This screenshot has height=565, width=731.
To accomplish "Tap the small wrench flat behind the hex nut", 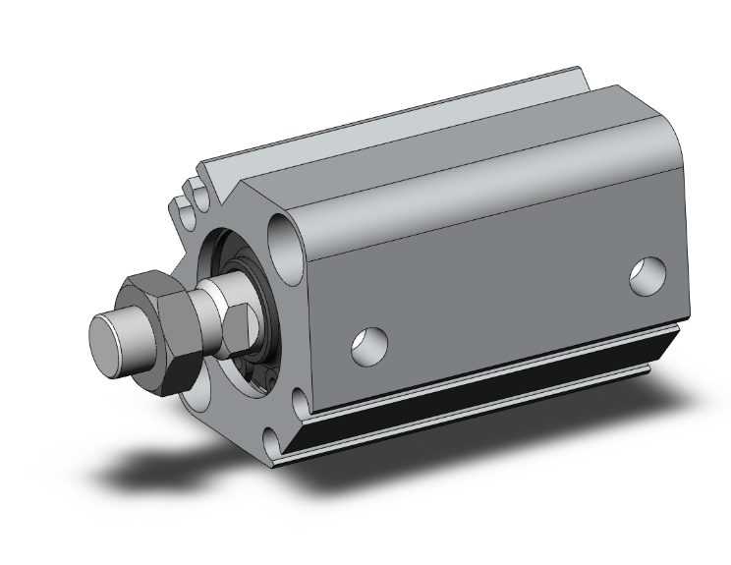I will click(236, 328).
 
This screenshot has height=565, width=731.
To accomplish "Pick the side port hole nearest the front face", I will click(369, 344).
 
